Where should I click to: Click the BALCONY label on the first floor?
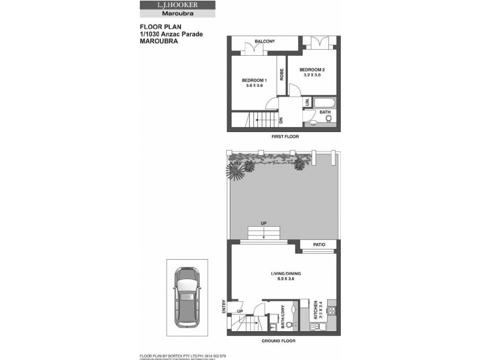[265, 41]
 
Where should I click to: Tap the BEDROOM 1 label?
[254, 80]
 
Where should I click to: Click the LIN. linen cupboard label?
[307, 102]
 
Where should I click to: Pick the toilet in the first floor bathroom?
[328, 119]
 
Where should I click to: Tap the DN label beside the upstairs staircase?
[281, 121]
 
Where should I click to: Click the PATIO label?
[319, 245]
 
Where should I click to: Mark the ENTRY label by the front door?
[224, 307]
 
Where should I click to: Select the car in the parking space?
[187, 297]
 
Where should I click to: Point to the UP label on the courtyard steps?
[263, 224]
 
